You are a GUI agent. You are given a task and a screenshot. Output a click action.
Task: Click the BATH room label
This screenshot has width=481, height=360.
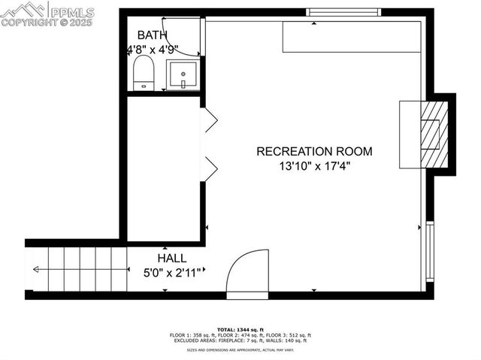[x=153, y=35]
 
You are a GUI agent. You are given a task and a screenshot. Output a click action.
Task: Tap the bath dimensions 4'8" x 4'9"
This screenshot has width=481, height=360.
[x=152, y=50]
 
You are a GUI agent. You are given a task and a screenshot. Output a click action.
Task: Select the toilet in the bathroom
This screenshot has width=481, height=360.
[x=144, y=74]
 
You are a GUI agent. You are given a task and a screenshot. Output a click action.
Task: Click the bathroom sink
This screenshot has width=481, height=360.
[x=183, y=76]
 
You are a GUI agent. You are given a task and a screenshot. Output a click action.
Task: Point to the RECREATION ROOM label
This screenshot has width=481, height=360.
[x=314, y=151]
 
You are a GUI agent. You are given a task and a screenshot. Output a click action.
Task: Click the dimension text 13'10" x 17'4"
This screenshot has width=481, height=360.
[x=314, y=166]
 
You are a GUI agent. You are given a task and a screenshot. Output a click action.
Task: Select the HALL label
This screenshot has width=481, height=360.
[x=172, y=258]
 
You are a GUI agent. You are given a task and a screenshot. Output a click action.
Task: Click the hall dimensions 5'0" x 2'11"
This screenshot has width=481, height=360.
[x=172, y=273]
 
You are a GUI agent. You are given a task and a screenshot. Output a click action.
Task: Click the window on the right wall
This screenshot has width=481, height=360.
[x=430, y=250]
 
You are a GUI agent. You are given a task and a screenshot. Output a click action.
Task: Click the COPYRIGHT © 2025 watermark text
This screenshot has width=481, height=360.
[x=47, y=23]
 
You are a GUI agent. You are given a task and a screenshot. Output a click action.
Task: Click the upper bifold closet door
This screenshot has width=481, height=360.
[x=210, y=119]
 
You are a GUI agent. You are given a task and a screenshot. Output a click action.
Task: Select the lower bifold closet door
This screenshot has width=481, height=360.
[x=210, y=169]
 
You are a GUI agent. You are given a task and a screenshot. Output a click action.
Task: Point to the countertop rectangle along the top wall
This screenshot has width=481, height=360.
[x=351, y=37]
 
